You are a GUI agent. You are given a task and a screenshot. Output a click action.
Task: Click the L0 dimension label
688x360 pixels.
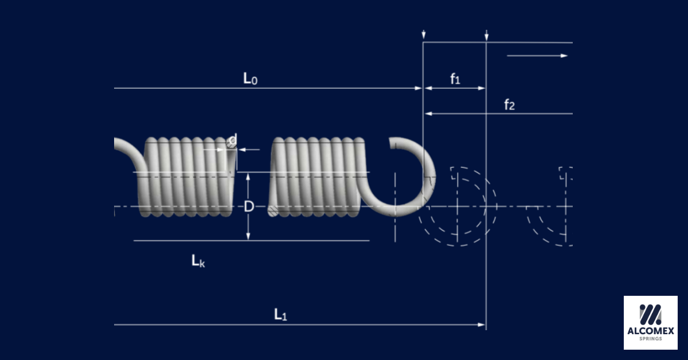pos(250,79)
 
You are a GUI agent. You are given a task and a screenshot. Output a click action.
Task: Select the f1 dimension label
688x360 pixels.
pos(455,79)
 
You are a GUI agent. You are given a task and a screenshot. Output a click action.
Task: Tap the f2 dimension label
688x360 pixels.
pos(509,104)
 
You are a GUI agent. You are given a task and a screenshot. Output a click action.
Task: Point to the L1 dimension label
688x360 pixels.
pos(280,314)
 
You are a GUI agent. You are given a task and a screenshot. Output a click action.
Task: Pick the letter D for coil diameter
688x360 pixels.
pos(248,206)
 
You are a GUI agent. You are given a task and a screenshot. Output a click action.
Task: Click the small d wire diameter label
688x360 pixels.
pos(233,140)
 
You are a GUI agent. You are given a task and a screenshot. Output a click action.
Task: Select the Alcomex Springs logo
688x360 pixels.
pos(650,322)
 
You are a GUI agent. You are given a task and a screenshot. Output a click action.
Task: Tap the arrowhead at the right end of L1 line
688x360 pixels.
pos(482,324)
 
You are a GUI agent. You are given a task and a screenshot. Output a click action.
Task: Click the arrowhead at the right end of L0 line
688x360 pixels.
pos(419,88)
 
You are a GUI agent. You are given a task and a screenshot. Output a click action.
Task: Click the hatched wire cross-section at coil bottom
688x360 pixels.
pos(273,212)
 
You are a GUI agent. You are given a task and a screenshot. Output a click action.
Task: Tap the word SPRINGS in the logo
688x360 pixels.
pos(650,339)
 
